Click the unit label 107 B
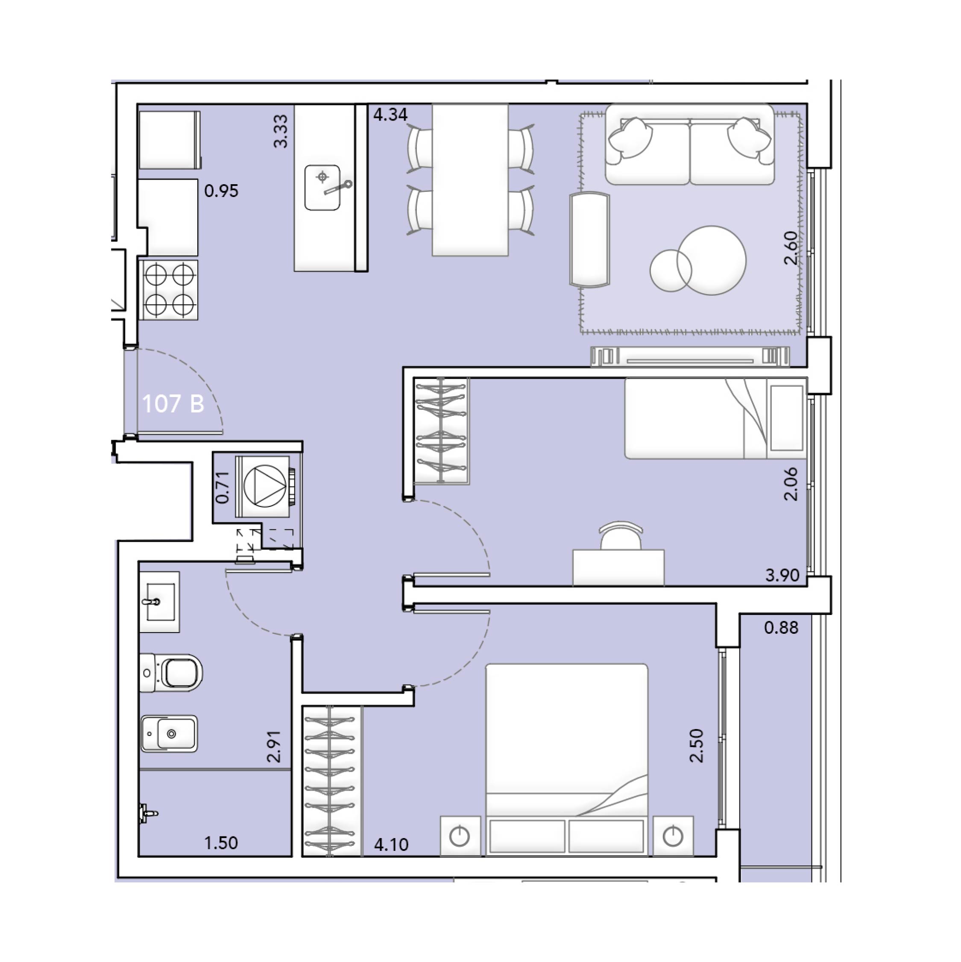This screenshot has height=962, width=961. click(173, 404)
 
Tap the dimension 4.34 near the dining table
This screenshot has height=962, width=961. click(391, 115)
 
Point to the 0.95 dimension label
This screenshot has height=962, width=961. click(222, 191)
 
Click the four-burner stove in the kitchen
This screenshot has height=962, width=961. click(169, 289)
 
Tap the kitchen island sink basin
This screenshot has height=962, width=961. click(322, 188)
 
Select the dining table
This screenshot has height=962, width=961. click(470, 180)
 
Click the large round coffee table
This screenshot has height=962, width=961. click(712, 260)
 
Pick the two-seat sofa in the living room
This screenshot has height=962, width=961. click(690, 144)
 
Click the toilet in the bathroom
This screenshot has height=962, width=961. click(171, 673)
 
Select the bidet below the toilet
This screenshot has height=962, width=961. click(169, 733)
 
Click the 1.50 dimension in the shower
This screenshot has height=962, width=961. click(221, 844)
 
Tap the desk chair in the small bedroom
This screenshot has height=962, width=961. click(621, 536)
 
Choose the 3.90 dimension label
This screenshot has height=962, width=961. click(782, 576)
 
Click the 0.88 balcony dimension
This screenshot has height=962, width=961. click(781, 628)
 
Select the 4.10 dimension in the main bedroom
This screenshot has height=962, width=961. click(391, 845)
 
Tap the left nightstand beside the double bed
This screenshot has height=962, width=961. click(460, 836)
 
